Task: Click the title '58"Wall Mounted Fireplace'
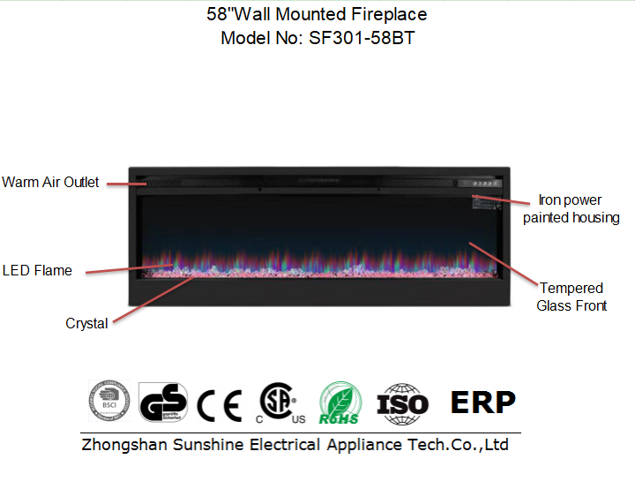pos(317,15)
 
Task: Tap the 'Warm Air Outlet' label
pos(50,183)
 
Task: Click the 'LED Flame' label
pos(37,270)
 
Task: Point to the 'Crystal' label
pos(86,324)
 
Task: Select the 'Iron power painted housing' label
pos(571,209)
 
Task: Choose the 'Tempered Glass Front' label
pos(571,297)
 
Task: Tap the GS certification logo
pos(164,403)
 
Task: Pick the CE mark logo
pos(219,405)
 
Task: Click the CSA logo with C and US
pos(279,403)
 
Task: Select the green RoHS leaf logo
pos(340,403)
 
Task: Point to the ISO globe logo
pos(402,404)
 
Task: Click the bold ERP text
pos(482,402)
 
